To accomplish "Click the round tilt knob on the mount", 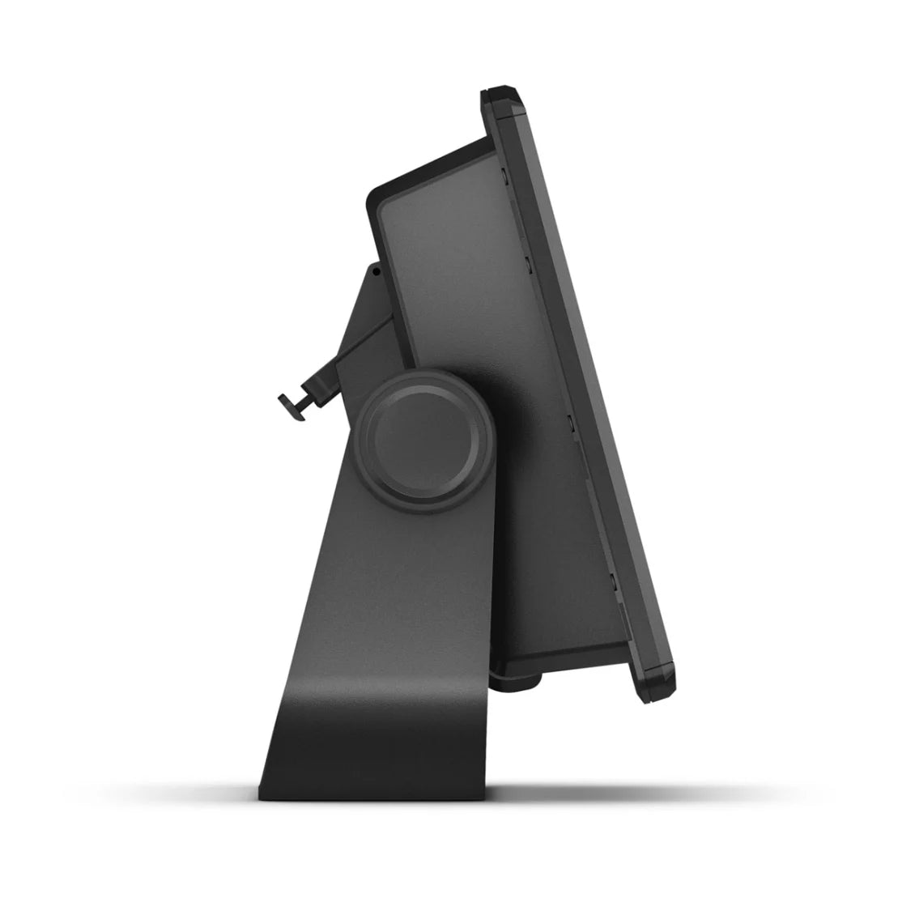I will (424, 438).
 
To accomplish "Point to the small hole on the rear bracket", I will (377, 273).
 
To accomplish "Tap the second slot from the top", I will (527, 262).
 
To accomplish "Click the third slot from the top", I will (572, 422).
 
